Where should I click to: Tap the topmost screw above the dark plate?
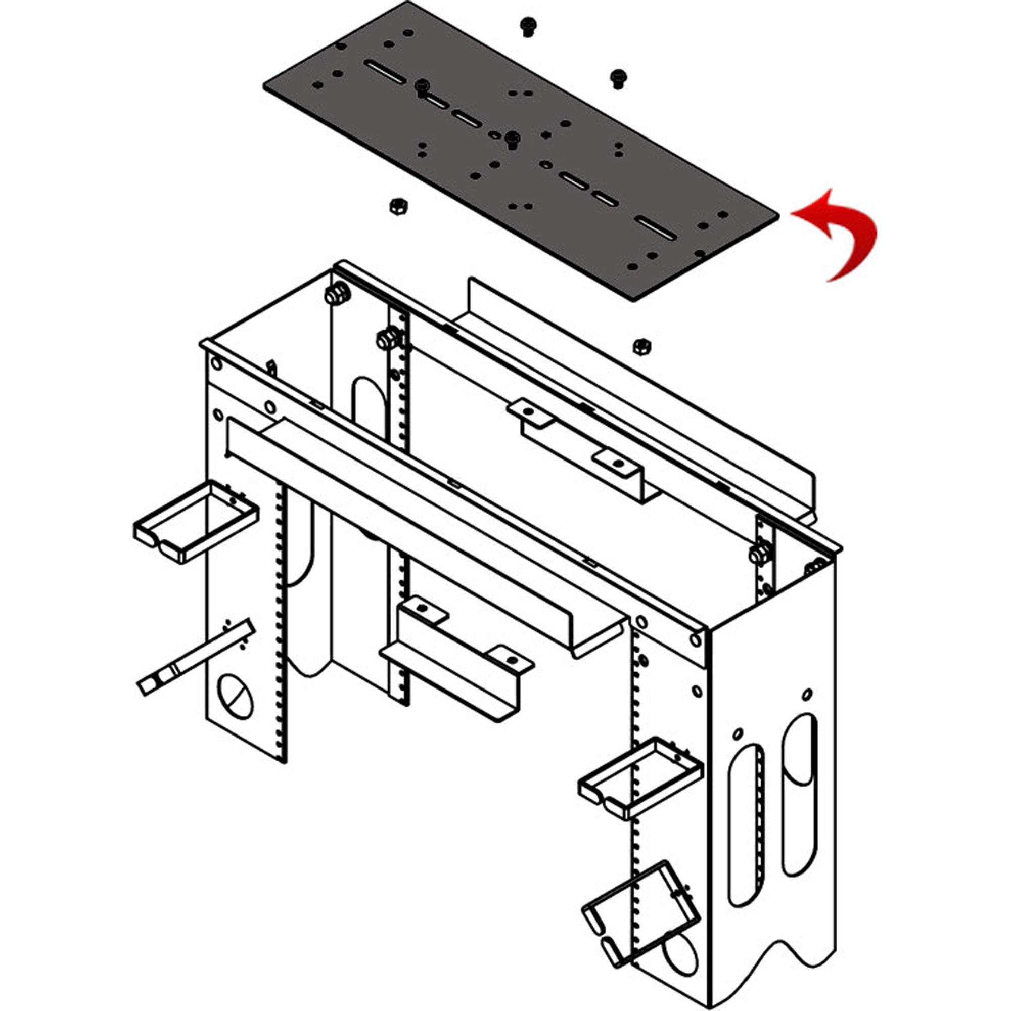pyautogui.click(x=528, y=26)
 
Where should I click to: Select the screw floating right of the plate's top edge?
pyautogui.click(x=618, y=77)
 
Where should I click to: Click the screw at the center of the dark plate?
pyautogui.click(x=512, y=139)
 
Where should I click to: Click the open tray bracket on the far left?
pyautogui.click(x=196, y=520)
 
